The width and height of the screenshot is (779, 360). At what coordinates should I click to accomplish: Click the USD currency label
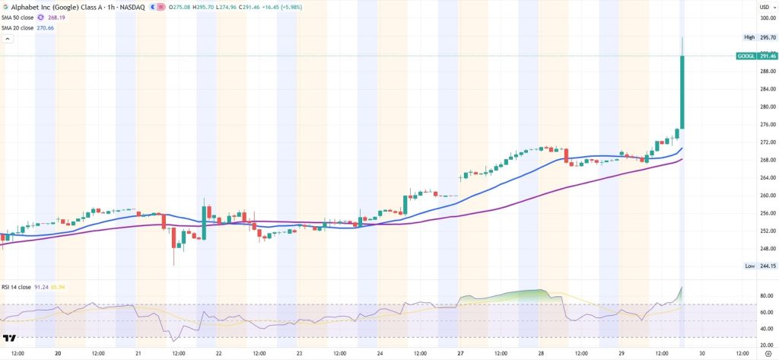[764, 6]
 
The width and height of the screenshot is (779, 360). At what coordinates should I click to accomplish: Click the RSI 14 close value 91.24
[42, 287]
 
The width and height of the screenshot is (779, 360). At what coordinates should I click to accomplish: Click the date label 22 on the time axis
[219, 353]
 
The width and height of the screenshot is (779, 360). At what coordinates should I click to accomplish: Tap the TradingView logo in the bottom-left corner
[10, 339]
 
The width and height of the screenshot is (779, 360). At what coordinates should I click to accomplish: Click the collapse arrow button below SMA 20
[9, 38]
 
